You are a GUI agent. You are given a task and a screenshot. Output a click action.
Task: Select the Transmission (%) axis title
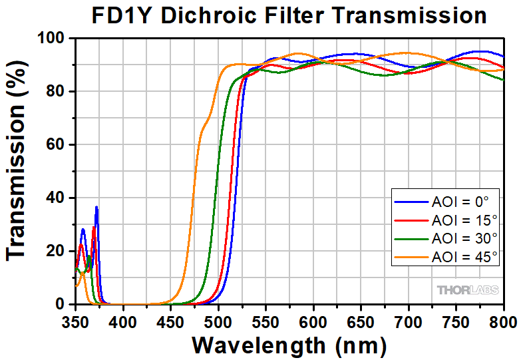pyautogui.click(x=19, y=172)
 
